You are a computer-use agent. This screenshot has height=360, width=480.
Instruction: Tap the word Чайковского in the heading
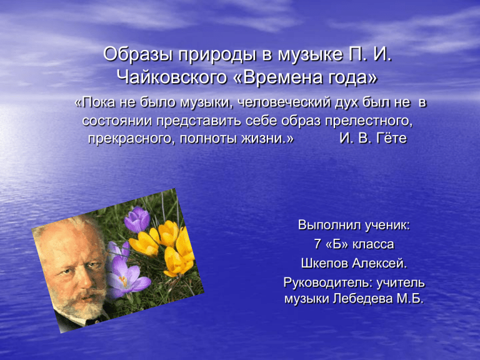click(172, 77)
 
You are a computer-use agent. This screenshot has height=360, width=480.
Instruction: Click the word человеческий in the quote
click(284, 102)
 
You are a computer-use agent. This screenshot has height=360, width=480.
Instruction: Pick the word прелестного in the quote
click(369, 121)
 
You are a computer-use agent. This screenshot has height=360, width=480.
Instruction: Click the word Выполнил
click(326, 225)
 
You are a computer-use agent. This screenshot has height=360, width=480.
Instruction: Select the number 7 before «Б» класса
click(317, 244)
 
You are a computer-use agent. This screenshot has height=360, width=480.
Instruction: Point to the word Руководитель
click(328, 282)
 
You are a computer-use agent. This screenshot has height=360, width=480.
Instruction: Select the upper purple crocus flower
click(137, 219)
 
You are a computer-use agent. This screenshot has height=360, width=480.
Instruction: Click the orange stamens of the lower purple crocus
click(123, 281)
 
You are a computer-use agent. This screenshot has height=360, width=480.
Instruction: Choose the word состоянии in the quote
click(117, 121)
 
